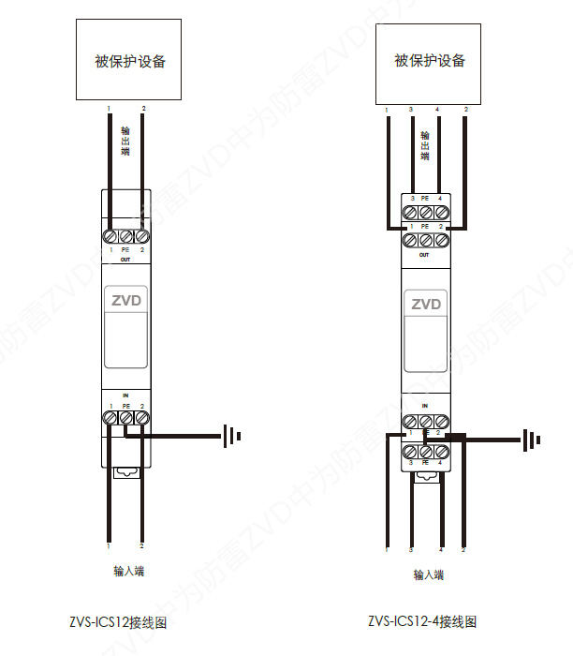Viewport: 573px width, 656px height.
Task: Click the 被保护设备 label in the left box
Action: pyautogui.click(x=130, y=62)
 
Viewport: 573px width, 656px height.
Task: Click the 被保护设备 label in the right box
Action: pyautogui.click(x=430, y=61)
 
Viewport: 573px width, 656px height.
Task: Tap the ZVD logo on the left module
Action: pyautogui.click(x=125, y=302)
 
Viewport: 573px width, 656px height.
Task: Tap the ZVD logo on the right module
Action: pyautogui.click(x=426, y=304)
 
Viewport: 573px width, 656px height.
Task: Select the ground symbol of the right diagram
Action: pyautogui.click(x=531, y=438)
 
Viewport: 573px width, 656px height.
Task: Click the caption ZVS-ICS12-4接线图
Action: pyautogui.click(x=422, y=621)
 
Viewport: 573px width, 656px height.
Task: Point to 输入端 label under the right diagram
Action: pyautogui.click(x=429, y=574)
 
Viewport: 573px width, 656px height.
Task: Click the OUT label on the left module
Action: pyautogui.click(x=125, y=260)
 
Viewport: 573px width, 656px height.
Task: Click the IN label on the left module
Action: pyautogui.click(x=125, y=396)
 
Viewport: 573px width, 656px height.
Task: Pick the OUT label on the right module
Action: pyautogui.click(x=424, y=255)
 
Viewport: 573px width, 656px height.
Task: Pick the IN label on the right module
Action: pyautogui.click(x=425, y=405)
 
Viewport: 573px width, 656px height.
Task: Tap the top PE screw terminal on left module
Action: pyautogui.click(x=125, y=236)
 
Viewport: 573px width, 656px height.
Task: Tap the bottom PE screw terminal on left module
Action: pyautogui.click(x=125, y=417)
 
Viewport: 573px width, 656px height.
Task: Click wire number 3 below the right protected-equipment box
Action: pyautogui.click(x=411, y=111)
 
